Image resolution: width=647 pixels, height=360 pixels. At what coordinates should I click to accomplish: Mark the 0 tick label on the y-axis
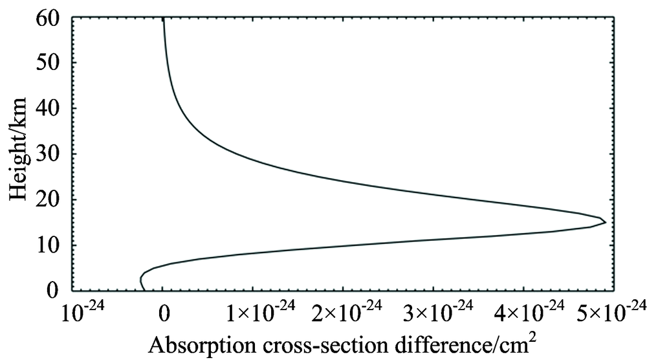click(x=54, y=291)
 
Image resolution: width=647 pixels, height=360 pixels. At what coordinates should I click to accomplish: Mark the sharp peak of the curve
click(x=605, y=222)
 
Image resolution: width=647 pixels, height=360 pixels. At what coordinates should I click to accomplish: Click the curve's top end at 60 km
click(x=163, y=20)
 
